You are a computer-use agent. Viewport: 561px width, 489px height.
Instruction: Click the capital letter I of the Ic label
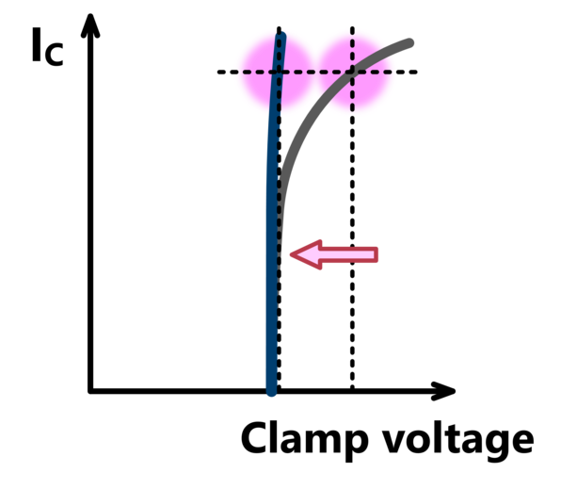click(36, 45)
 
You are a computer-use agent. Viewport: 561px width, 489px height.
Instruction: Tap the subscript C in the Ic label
click(54, 54)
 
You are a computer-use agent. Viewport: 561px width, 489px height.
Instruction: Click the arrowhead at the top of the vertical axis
click(90, 25)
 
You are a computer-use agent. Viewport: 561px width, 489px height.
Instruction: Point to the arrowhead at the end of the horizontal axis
click(443, 391)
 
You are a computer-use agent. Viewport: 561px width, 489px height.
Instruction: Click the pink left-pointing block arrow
click(334, 254)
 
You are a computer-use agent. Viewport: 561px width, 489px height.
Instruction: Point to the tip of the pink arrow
click(291, 254)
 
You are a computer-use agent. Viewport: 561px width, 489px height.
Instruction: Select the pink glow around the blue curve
click(279, 71)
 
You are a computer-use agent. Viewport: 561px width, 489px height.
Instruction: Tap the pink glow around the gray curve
click(353, 72)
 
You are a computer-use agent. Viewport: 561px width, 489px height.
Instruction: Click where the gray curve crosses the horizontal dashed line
click(350, 72)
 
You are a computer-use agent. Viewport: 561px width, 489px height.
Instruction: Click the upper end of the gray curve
click(410, 42)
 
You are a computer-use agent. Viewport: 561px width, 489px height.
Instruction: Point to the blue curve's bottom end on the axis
click(271, 391)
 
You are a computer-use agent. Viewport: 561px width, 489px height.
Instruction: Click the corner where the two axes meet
click(90, 391)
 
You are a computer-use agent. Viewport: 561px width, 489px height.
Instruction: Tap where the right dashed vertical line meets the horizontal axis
click(352, 390)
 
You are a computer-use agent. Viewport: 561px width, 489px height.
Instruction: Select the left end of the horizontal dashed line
click(218, 72)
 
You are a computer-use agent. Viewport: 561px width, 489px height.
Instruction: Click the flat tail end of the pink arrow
click(377, 254)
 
